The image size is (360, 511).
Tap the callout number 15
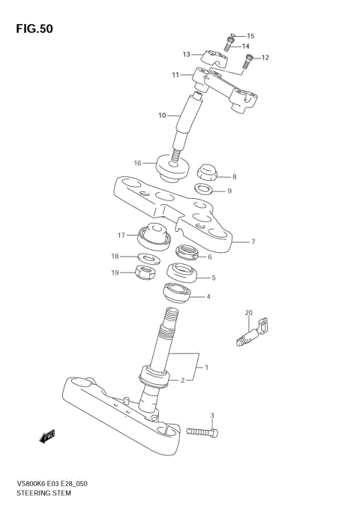pyautogui.click(x=250, y=35)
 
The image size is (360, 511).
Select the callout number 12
pyautogui.click(x=265, y=58)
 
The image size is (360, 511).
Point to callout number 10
pyautogui.click(x=162, y=116)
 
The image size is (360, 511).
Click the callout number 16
pyautogui.click(x=138, y=163)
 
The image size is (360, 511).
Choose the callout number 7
pyautogui.click(x=253, y=242)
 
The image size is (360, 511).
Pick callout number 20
pyautogui.click(x=249, y=314)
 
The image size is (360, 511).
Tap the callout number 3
pyautogui.click(x=212, y=415)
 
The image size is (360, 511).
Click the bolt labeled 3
pyautogui.click(x=200, y=433)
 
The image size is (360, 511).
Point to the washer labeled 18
pyautogui.click(x=149, y=258)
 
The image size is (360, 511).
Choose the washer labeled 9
pyautogui.click(x=202, y=191)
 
